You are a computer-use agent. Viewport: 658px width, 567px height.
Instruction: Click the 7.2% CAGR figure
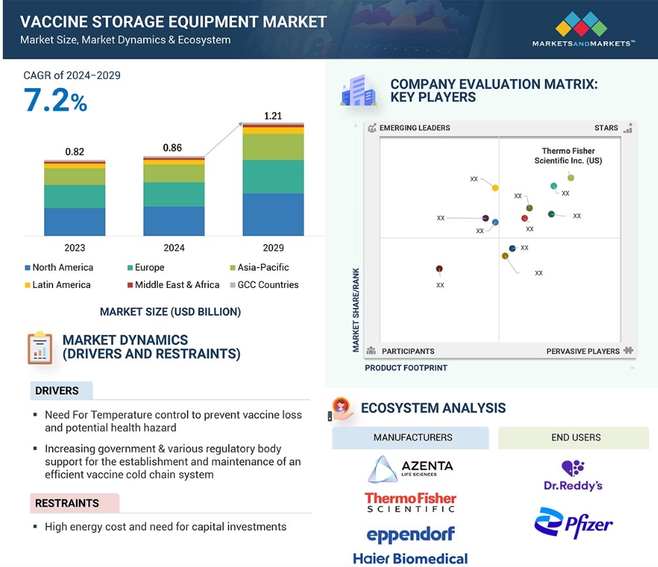point(55,100)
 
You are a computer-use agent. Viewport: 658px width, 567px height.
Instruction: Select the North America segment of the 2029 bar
point(273,214)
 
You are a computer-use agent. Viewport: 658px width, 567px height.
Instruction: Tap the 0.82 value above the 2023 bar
point(75,152)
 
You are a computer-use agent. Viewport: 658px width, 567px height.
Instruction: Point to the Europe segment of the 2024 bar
point(174,194)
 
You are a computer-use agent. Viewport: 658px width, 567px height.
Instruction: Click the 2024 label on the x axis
point(174,247)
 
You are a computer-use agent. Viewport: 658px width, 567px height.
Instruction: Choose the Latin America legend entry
point(58,285)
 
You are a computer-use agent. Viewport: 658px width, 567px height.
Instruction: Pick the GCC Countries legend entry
point(264,285)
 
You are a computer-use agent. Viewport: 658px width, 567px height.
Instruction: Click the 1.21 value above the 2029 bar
point(272,116)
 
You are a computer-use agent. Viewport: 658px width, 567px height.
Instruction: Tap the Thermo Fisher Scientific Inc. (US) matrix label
point(568,156)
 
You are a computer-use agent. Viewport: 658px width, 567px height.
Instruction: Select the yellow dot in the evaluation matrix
point(495,188)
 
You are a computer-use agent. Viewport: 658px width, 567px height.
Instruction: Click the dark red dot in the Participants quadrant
point(439,268)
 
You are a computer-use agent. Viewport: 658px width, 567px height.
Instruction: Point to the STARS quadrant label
point(606,128)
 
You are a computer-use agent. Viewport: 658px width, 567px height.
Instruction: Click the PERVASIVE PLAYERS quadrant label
point(583,351)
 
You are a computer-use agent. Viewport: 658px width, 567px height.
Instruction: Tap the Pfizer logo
point(573,523)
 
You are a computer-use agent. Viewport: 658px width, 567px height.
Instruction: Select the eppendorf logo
point(411,535)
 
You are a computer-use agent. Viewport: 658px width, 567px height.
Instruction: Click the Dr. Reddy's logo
point(573,476)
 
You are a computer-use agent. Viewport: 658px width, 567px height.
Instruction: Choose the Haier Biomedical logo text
point(411,559)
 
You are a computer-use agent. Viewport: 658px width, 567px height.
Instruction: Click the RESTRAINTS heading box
point(75,503)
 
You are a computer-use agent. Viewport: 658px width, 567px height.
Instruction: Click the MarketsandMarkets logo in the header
point(583,29)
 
